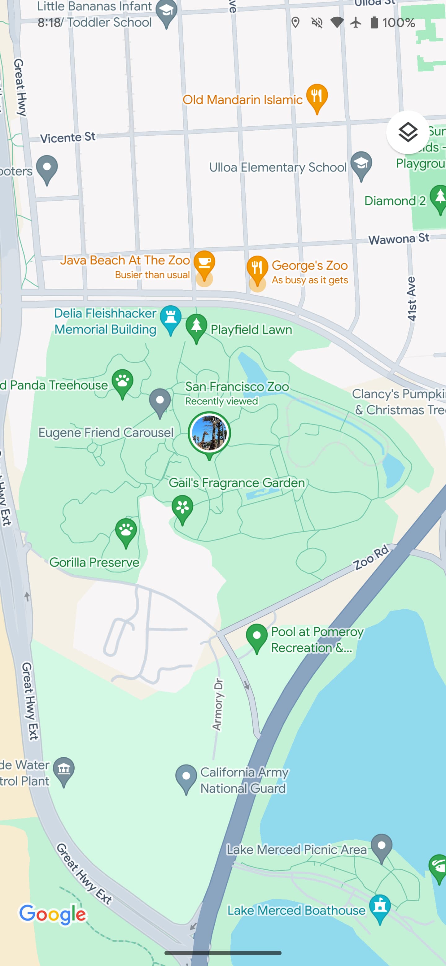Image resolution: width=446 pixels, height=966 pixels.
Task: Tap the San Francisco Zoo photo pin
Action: tap(209, 433)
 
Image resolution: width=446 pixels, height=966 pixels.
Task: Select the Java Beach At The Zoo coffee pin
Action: tap(204, 263)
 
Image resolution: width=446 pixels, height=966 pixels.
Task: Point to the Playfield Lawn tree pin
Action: tap(196, 327)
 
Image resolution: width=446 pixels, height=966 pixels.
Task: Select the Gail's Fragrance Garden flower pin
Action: tap(182, 508)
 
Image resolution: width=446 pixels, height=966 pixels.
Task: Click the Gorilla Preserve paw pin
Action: tap(126, 531)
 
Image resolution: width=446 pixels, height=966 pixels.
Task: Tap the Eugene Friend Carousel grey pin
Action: tap(160, 402)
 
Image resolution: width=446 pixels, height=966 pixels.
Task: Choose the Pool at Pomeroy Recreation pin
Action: tap(256, 637)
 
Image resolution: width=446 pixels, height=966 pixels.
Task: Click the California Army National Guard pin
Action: tap(186, 777)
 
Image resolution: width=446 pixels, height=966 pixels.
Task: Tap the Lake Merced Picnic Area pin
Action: tap(382, 847)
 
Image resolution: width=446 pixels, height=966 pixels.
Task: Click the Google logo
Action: tap(53, 914)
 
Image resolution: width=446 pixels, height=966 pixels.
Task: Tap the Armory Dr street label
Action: tap(217, 705)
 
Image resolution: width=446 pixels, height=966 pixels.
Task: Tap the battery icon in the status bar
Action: tap(374, 23)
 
